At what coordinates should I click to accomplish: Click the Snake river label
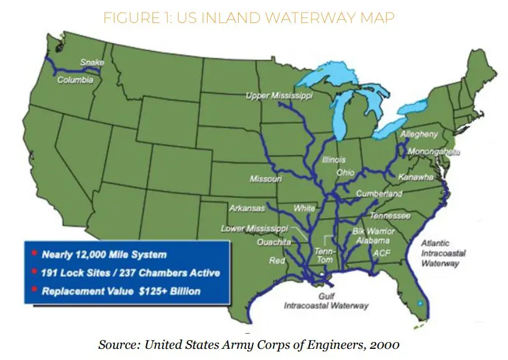(92, 62)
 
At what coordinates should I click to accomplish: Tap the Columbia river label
(75, 80)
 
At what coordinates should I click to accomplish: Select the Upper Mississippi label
(279, 95)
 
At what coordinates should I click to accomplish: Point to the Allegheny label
(419, 134)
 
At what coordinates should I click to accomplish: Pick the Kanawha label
(416, 177)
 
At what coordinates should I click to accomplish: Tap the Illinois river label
(334, 160)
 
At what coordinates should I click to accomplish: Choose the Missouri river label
(266, 179)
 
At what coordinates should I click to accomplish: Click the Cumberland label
(379, 194)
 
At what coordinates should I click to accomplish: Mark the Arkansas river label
(247, 208)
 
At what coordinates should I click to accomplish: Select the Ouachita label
(274, 242)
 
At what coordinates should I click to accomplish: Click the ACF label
(382, 254)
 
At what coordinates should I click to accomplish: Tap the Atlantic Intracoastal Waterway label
(440, 253)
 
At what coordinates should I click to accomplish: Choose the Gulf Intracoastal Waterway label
(326, 302)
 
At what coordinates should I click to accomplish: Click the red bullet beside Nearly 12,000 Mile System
(34, 254)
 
